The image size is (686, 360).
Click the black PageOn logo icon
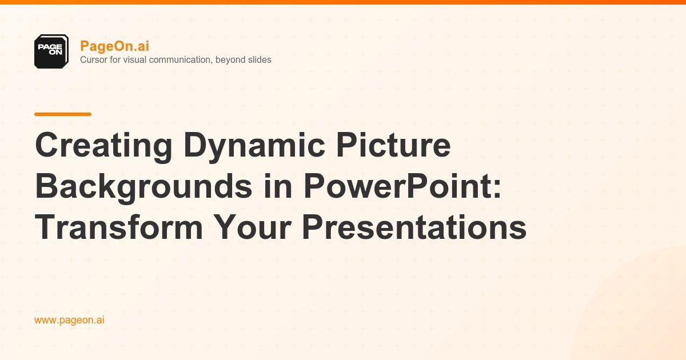pyautogui.click(x=51, y=51)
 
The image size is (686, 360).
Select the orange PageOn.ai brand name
pyautogui.click(x=114, y=46)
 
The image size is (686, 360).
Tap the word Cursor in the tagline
pyautogui.click(x=93, y=59)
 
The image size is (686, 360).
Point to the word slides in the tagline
pyautogui.click(x=258, y=59)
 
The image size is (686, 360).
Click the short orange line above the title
pyautogui.click(x=63, y=114)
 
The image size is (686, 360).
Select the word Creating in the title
pyautogui.click(x=103, y=146)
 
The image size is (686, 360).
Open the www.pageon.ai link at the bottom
pyautogui.click(x=69, y=320)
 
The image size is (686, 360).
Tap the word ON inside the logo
pyautogui.click(x=55, y=53)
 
